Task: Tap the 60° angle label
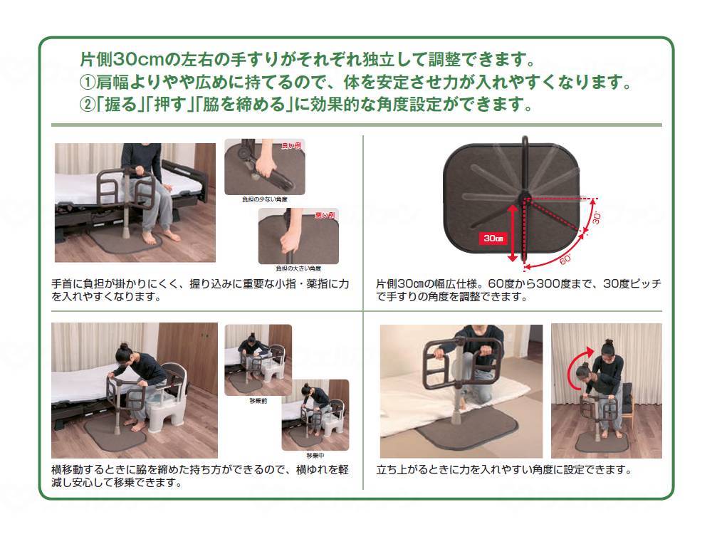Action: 563,257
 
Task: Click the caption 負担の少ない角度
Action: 264,199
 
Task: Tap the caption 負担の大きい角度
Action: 298,268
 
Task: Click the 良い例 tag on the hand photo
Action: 293,145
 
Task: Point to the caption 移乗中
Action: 315,455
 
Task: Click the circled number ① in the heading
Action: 86,81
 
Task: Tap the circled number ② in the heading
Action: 86,105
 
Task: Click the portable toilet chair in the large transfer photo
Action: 172,406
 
